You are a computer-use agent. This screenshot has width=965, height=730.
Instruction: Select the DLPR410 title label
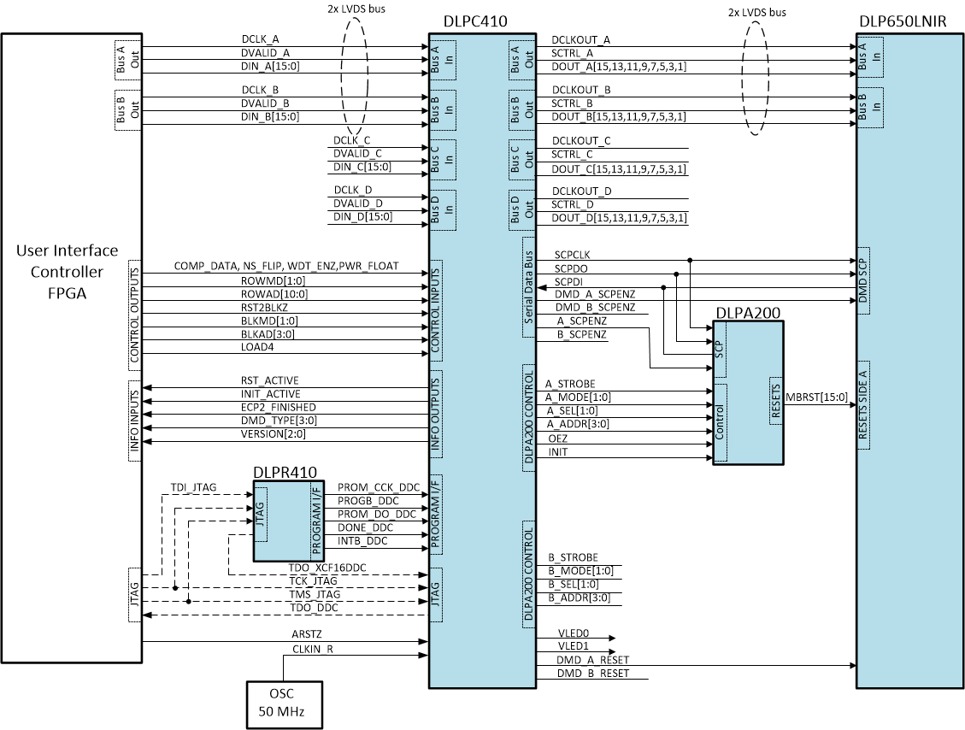(285, 472)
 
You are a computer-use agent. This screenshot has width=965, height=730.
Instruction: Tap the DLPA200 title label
(748, 313)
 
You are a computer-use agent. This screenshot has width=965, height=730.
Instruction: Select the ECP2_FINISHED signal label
(278, 408)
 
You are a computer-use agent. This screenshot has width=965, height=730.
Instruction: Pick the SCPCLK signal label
(572, 255)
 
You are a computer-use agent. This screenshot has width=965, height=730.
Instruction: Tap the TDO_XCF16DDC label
(327, 568)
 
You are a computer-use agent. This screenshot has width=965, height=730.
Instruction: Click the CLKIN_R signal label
(311, 649)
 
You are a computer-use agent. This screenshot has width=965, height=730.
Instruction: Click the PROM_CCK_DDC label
(379, 487)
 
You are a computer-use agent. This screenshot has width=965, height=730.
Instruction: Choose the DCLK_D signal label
(353, 190)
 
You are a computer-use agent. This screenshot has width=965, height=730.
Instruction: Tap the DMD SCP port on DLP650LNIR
(863, 281)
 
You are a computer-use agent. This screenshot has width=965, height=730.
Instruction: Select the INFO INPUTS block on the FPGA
(134, 421)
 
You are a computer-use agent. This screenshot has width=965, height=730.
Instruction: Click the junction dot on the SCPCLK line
(690, 260)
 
